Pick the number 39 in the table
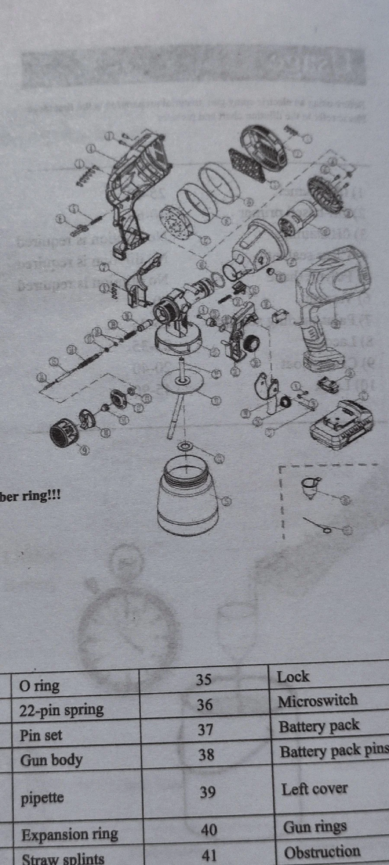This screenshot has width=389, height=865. pyautogui.click(x=207, y=792)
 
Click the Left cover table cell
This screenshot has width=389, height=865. pyautogui.click(x=314, y=789)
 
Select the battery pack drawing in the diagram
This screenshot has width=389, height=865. pyautogui.click(x=341, y=425)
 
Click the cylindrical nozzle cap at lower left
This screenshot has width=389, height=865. pyautogui.click(x=64, y=433)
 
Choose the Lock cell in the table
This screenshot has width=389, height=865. pyautogui.click(x=293, y=676)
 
